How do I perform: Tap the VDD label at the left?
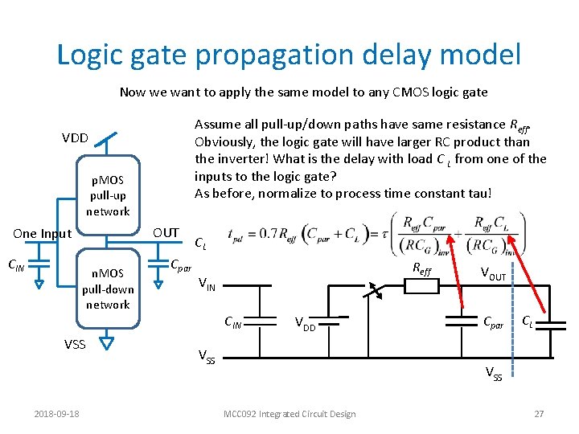[76, 137]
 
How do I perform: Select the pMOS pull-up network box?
[109, 194]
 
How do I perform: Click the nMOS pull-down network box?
[108, 289]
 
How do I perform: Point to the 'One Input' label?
[43, 234]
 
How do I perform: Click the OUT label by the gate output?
[166, 233]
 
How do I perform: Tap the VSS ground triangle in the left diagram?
[109, 343]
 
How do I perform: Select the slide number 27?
[539, 414]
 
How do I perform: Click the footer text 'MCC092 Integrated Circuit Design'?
[289, 414]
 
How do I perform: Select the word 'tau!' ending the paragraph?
[482, 193]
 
